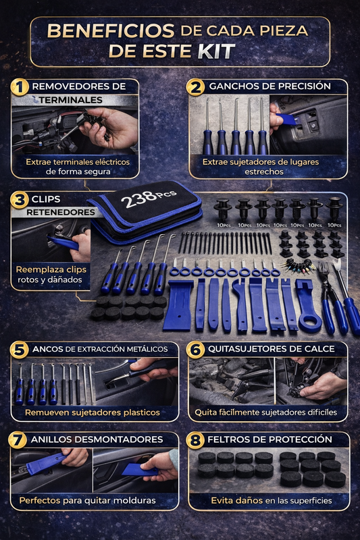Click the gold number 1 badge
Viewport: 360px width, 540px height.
point(20,87)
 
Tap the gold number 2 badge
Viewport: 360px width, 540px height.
point(195,87)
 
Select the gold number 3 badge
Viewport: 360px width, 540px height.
point(20,200)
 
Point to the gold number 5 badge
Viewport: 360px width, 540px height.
point(20,350)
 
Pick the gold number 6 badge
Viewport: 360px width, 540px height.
point(195,350)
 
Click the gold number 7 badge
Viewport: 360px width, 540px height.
point(18,440)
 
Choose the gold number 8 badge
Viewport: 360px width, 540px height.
point(195,440)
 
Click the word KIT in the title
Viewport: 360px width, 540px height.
point(217,51)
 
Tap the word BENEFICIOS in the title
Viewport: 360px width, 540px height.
point(111,31)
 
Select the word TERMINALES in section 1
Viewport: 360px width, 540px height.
point(70,100)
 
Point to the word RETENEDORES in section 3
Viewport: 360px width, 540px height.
point(61,213)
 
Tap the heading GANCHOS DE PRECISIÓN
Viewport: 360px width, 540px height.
point(269,86)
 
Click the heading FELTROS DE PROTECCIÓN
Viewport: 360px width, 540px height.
point(269,439)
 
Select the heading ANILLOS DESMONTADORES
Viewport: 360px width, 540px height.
point(97,439)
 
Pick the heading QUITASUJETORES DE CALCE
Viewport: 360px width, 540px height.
point(271,349)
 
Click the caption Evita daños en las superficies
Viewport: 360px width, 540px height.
point(272,500)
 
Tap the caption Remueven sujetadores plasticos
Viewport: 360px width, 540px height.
point(93,412)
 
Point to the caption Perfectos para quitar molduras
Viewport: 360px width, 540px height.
point(88,500)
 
